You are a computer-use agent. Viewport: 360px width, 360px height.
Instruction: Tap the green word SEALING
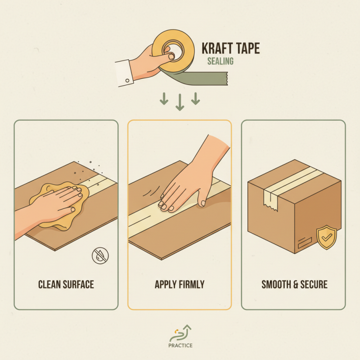click(220, 62)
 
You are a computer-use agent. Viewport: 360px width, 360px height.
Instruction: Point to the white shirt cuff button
click(127, 80)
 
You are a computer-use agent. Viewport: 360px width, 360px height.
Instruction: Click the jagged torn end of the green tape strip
click(227, 81)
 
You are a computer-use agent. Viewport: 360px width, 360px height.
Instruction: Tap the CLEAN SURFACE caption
click(66, 284)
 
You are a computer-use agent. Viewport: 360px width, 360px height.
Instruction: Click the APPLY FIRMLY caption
click(180, 284)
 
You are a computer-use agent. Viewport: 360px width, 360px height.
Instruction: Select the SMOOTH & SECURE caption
click(294, 284)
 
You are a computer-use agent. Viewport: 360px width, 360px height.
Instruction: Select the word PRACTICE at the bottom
click(180, 346)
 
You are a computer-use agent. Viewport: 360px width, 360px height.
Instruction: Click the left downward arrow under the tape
click(164, 99)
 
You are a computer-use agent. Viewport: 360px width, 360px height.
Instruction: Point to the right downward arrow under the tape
click(195, 99)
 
